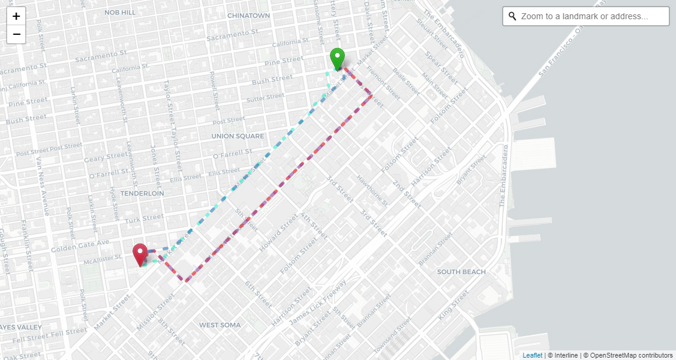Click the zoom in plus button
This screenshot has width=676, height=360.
click(16, 16)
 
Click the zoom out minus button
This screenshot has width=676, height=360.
click(16, 34)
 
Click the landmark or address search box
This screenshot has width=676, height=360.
click(591, 16)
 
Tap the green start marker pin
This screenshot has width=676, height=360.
click(338, 59)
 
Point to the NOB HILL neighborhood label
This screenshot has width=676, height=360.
click(120, 12)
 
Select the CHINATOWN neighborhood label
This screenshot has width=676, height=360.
click(248, 15)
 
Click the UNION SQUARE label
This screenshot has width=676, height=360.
click(238, 136)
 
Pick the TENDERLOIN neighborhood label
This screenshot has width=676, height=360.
click(142, 194)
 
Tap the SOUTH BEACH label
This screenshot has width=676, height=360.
click(461, 272)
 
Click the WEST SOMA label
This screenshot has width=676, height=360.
click(220, 325)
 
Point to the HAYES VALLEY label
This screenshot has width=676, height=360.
click(21, 328)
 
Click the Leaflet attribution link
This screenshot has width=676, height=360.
click(532, 355)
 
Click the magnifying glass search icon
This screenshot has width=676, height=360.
click(512, 16)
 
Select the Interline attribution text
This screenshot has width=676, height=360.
click(563, 355)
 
